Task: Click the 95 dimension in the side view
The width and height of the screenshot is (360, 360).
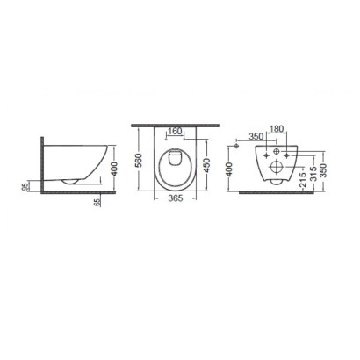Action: [26, 186]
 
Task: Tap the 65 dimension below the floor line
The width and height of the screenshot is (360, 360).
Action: [97, 201]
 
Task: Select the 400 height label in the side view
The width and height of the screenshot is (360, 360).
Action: [114, 169]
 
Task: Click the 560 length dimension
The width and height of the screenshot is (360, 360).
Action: [140, 160]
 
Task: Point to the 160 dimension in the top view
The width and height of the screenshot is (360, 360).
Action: [175, 131]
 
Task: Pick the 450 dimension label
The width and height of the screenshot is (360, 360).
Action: [206, 165]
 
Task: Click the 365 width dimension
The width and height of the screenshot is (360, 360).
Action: [175, 198]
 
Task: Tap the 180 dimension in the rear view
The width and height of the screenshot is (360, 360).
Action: [277, 128]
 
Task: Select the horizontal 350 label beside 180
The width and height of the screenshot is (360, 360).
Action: [256, 136]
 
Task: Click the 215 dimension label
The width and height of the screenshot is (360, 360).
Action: [303, 180]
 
